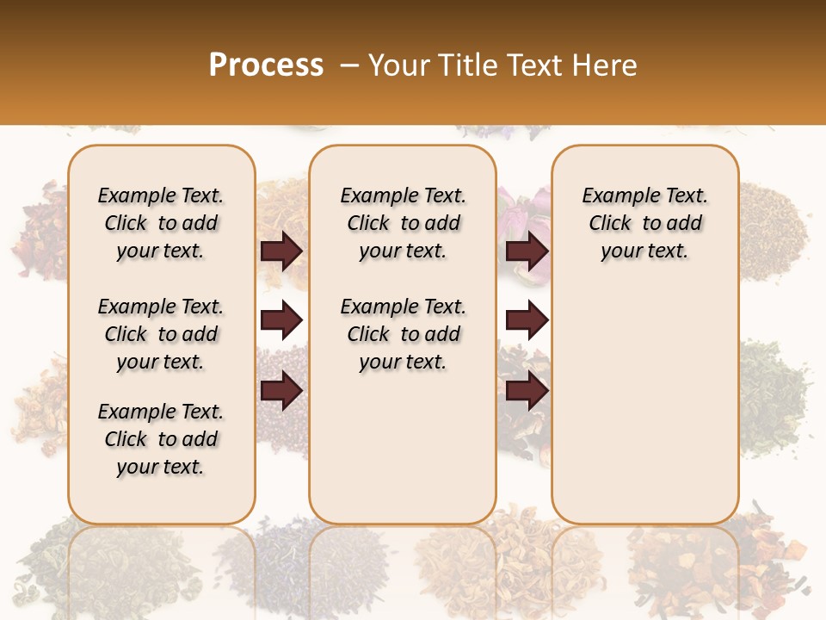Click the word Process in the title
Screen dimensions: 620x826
266,65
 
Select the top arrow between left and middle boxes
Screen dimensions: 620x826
281,251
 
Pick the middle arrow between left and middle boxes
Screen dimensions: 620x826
281,321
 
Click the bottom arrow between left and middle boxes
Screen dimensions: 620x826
281,391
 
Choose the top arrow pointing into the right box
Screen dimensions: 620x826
527,251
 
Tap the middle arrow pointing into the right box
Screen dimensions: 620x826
527,321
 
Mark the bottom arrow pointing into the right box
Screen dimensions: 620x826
527,391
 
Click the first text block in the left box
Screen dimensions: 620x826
161,223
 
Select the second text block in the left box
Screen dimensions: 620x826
161,334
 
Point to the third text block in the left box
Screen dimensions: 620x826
161,439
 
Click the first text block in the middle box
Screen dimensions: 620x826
403,223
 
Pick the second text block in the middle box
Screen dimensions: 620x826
403,334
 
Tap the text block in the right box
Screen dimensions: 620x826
644,223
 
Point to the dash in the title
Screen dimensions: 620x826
349,65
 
